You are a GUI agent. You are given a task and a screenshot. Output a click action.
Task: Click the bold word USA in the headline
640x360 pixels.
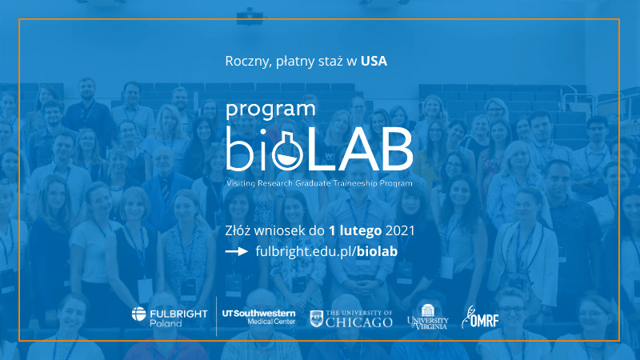(374, 62)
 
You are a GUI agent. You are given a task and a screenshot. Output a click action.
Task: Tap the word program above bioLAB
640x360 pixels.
(270, 110)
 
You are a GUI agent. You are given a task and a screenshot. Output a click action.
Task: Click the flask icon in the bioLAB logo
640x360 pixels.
(287, 150)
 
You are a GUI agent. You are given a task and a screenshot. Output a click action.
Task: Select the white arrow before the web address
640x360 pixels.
(237, 251)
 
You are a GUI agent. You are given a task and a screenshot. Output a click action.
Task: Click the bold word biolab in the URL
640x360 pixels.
(377, 251)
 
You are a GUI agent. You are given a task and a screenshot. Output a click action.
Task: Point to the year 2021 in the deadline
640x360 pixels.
(400, 231)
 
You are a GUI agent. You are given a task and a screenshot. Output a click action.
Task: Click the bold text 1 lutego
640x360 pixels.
(355, 231)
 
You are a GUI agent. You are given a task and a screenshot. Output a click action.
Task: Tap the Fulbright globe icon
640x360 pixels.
(138, 314)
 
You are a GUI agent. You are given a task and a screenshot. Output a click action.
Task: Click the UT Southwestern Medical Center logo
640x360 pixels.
(258, 317)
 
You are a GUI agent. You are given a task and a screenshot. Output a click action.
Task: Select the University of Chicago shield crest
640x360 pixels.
(316, 318)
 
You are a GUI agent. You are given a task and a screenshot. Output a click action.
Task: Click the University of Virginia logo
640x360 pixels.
(428, 317)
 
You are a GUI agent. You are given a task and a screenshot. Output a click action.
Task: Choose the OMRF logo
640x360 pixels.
(480, 317)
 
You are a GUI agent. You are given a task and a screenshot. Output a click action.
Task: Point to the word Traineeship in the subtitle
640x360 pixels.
(355, 183)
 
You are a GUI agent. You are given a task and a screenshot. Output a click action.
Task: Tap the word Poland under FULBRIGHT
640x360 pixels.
(166, 323)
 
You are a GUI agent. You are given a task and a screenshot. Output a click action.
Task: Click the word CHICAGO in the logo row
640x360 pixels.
(359, 322)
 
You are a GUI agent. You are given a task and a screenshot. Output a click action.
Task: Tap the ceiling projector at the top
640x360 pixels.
(250, 17)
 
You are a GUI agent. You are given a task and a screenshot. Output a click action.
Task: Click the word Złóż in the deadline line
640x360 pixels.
(238, 231)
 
